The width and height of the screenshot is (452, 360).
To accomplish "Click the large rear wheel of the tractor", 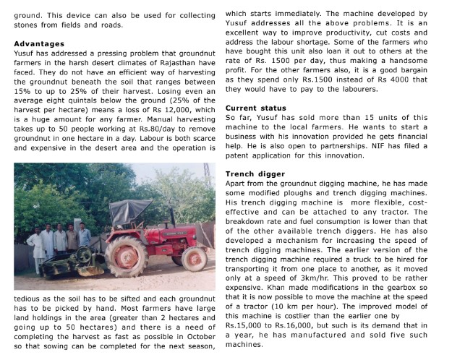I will (x=126, y=256).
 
